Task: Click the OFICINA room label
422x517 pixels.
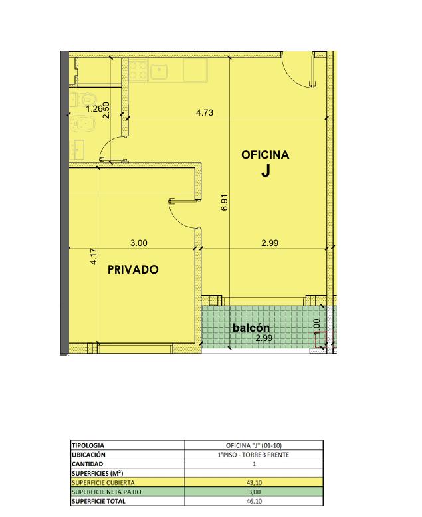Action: click(x=265, y=155)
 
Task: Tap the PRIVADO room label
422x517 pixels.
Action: click(x=133, y=270)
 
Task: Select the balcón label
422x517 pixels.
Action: click(x=251, y=328)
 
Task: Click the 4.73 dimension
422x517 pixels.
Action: click(x=205, y=112)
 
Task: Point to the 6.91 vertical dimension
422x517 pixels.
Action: click(x=225, y=203)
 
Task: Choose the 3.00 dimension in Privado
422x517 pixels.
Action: click(x=139, y=243)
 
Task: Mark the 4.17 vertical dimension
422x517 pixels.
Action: click(x=94, y=257)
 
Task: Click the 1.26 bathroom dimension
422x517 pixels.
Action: click(x=94, y=109)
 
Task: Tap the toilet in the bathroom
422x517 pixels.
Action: click(x=84, y=99)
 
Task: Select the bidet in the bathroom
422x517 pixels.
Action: click(x=84, y=124)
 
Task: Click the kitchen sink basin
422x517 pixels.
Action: click(x=159, y=70)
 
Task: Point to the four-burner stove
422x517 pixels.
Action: click(x=138, y=70)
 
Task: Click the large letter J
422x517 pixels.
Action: click(x=266, y=171)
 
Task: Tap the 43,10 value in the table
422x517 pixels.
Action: click(x=254, y=482)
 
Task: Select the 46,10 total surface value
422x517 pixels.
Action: click(x=254, y=502)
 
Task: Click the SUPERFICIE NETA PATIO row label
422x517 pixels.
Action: click(x=106, y=492)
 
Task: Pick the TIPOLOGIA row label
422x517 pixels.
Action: click(x=88, y=445)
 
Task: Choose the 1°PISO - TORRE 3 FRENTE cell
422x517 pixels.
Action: click(x=253, y=455)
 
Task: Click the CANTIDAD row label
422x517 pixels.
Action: click(x=87, y=464)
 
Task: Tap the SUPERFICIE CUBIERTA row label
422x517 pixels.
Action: click(x=103, y=482)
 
